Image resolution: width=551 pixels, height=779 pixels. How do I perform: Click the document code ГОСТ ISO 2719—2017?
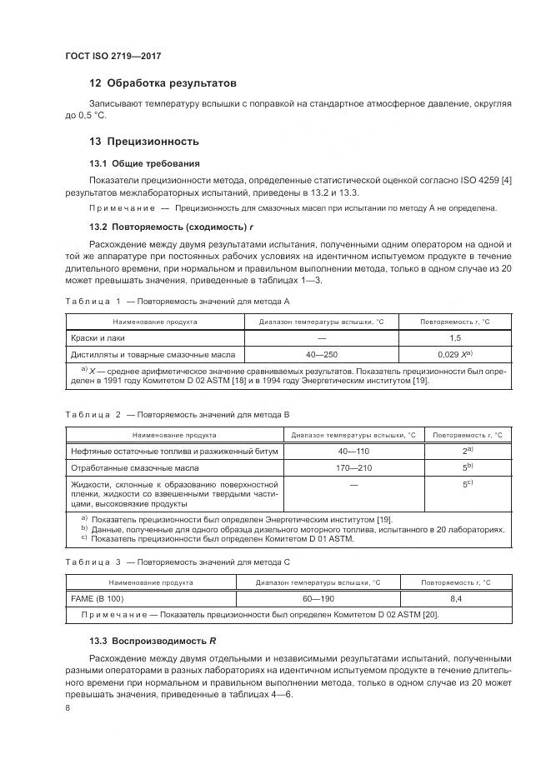[114, 56]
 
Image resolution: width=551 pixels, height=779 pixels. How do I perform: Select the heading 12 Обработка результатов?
[163, 83]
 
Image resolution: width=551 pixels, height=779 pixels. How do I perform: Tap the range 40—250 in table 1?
[321, 354]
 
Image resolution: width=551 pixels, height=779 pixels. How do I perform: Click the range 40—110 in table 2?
[353, 451]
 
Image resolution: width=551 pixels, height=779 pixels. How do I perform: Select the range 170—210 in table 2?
[353, 467]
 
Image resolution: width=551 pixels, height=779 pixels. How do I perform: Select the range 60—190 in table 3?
[317, 598]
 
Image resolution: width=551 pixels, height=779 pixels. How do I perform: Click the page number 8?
[68, 708]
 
